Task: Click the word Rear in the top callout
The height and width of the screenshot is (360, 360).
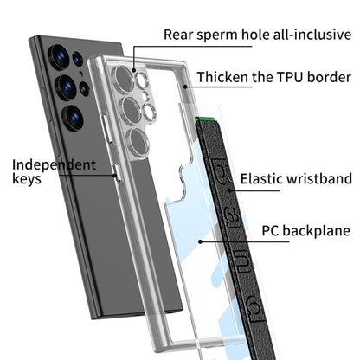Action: [x=182, y=35]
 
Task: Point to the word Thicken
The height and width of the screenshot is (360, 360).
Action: [x=221, y=77]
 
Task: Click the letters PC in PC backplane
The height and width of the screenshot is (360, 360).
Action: [x=271, y=231]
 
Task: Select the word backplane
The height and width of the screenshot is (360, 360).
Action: [x=315, y=231]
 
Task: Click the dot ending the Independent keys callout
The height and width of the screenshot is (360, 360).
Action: [x=116, y=177]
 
